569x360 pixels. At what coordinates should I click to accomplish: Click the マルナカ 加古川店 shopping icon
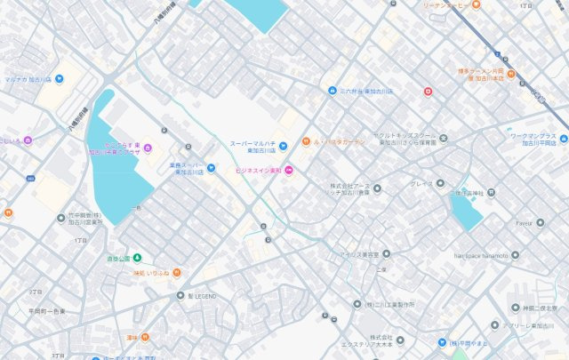[59, 78]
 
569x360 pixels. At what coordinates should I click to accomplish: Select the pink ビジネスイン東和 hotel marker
[288, 171]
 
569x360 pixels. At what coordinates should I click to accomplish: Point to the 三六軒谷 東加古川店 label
[366, 91]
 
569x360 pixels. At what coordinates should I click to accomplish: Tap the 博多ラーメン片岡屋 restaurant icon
[510, 73]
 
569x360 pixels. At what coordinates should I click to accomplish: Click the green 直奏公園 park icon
[138, 258]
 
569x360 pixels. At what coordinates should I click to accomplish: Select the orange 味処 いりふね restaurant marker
[176, 273]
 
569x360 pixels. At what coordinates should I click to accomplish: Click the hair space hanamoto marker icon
[515, 254]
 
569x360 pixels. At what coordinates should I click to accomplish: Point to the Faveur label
[529, 223]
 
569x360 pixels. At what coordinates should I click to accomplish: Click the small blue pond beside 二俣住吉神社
[466, 212]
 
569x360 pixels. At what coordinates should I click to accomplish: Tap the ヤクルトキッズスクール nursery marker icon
[443, 138]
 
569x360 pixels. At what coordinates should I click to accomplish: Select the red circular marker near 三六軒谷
[428, 91]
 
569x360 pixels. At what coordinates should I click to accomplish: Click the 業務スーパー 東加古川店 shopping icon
[212, 167]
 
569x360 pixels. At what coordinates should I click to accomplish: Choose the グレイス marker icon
[439, 184]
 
